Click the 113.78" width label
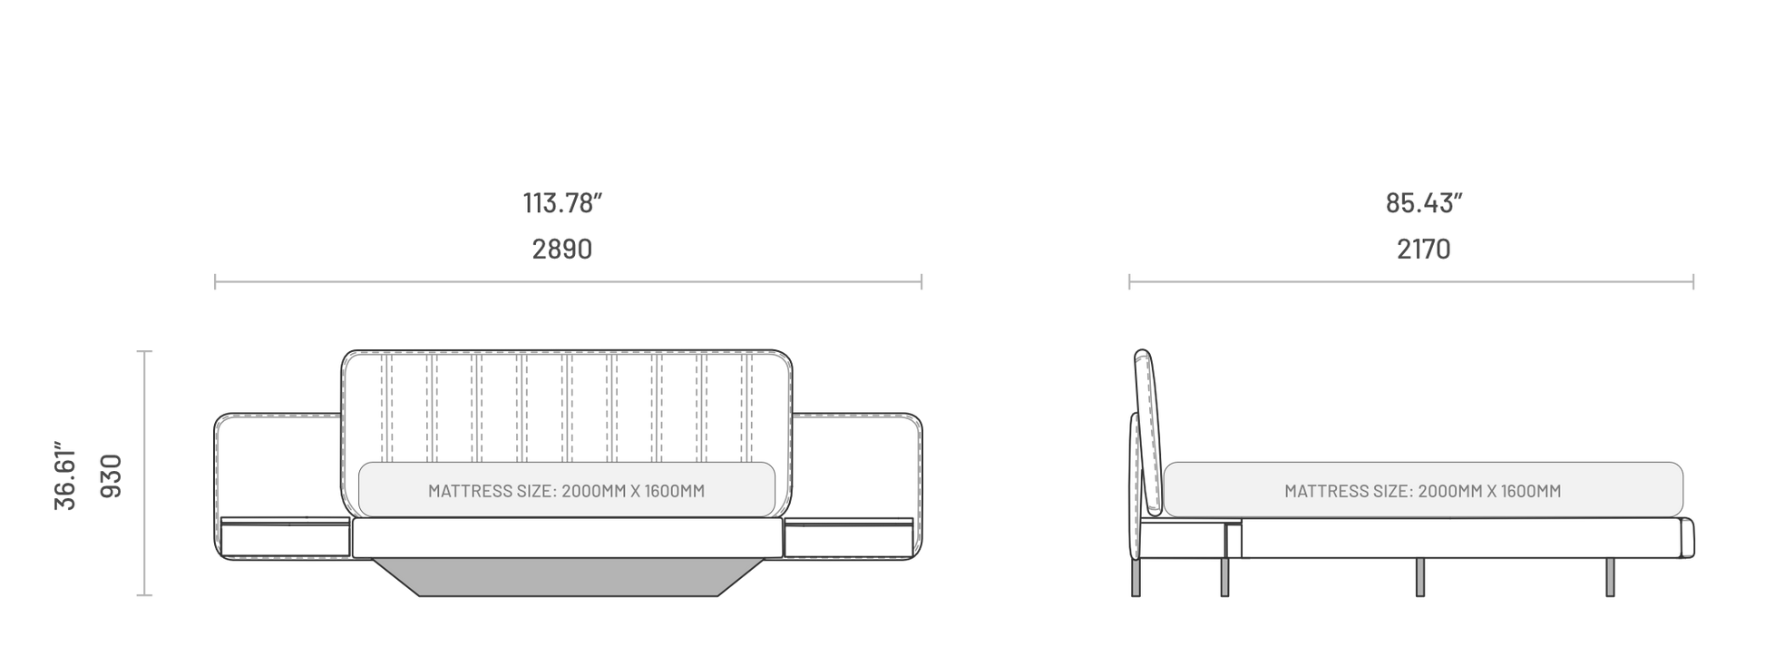coord(562,203)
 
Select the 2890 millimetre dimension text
coord(562,249)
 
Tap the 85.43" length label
coord(1424,203)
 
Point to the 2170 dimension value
coord(1424,249)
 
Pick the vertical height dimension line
coord(144,473)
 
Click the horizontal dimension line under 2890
coord(568,282)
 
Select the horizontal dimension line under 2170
coord(1411,282)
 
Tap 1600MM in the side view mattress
coord(1530,492)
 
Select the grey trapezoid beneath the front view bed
coord(569,577)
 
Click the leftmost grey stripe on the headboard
coord(387,408)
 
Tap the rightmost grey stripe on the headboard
coord(746,408)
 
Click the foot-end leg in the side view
coord(1610,577)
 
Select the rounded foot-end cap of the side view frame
coord(1689,537)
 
